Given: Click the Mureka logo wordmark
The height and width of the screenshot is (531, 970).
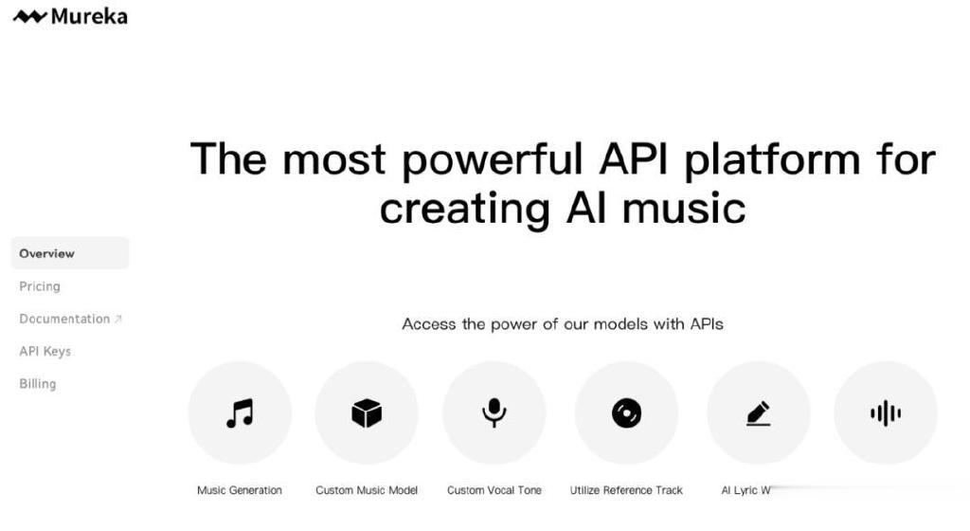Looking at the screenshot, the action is point(89,16).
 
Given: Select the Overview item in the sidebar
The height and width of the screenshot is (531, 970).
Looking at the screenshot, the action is point(46,253).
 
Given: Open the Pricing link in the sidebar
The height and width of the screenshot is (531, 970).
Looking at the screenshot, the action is point(40,286).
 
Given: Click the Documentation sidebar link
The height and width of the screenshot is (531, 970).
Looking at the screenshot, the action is point(64,319).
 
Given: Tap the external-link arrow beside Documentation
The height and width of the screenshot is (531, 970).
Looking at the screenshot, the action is point(118,319).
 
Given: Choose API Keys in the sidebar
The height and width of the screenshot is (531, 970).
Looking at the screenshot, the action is point(45,351).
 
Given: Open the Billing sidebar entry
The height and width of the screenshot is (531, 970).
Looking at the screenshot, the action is point(38,384).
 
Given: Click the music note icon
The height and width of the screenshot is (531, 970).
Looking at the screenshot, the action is point(240,413).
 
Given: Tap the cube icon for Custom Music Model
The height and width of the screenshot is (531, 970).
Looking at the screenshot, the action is point(367,412).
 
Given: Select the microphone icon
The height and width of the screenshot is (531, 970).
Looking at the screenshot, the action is point(494,412).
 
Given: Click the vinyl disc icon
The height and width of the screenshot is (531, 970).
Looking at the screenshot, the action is point(627,412).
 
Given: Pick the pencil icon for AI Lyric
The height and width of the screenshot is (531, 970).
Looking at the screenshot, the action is point(759,413).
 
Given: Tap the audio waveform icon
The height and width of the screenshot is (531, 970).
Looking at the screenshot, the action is point(886,412).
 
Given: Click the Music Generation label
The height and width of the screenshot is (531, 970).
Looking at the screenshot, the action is point(240,490).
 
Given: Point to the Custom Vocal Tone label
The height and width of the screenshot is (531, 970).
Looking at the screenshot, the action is point(494,490).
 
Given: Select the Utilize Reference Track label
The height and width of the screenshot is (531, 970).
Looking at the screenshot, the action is point(626,490).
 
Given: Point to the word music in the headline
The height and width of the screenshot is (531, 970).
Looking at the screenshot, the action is point(684,208).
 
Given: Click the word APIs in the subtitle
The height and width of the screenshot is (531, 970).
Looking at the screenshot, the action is point(707,323).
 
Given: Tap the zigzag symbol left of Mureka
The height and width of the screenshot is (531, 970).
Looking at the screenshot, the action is point(29,17).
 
